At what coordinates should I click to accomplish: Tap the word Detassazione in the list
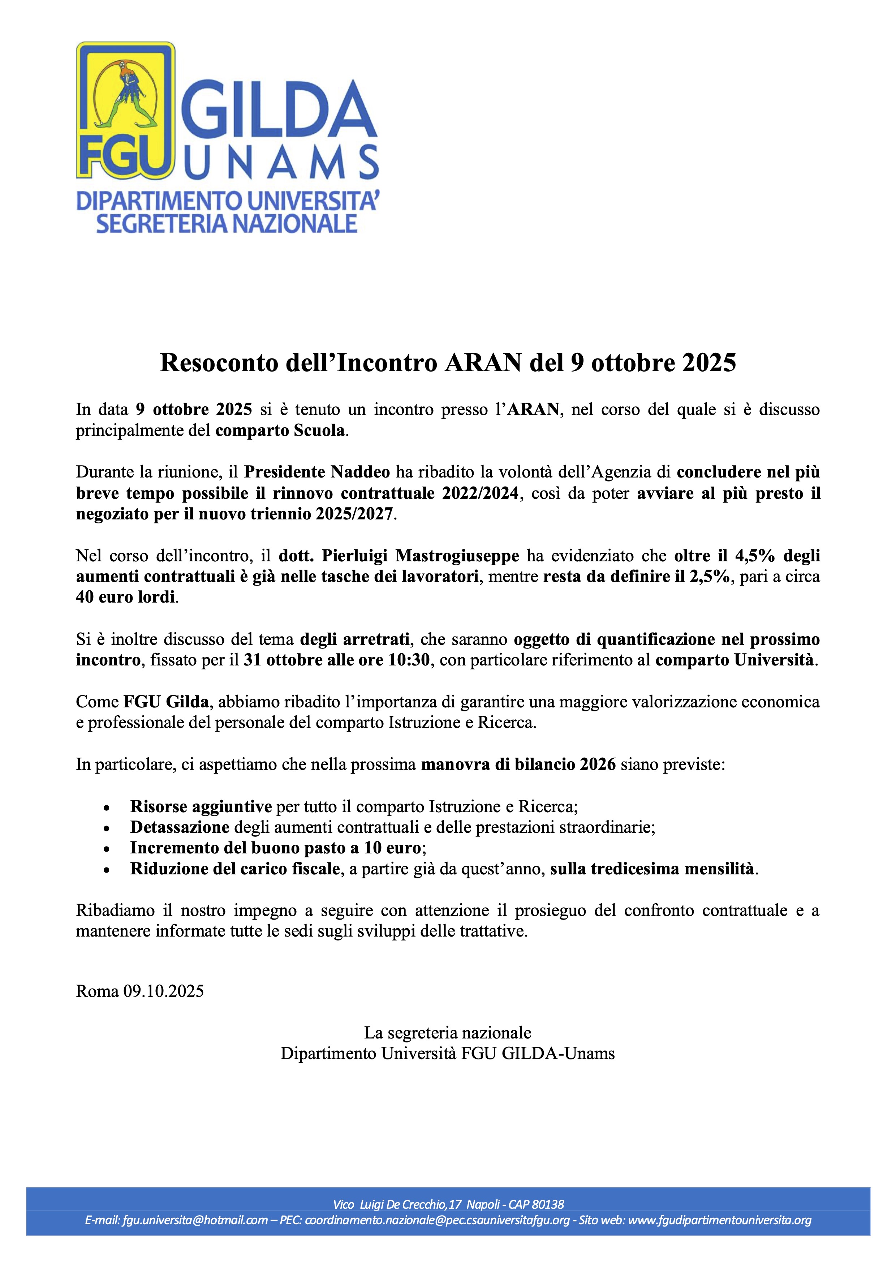pos(180,827)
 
